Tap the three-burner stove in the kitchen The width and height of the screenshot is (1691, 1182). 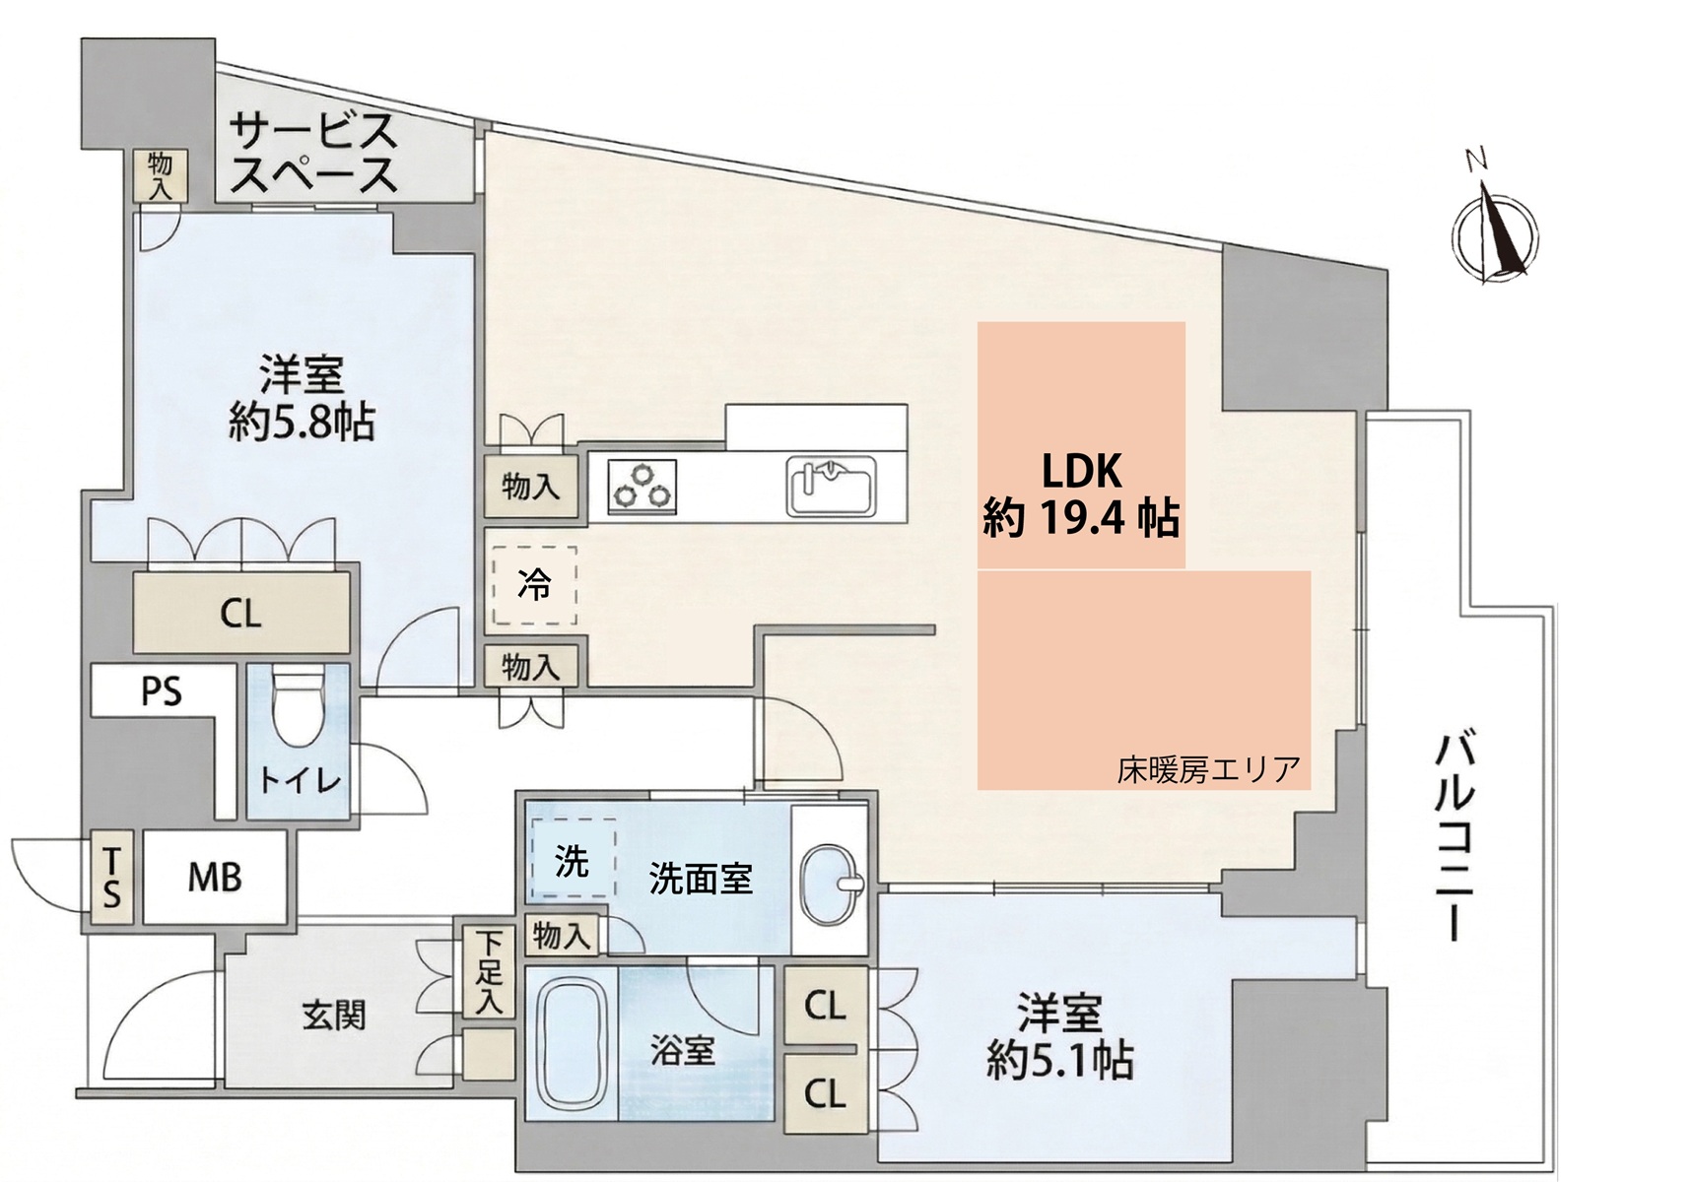click(643, 487)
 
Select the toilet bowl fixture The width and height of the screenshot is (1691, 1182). click(299, 708)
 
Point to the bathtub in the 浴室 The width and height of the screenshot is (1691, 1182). click(572, 1045)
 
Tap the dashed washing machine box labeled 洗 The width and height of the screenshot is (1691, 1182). click(572, 860)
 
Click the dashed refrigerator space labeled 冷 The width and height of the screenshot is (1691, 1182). click(534, 586)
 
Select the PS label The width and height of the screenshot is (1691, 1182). click(162, 691)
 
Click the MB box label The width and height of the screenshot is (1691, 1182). click(215, 877)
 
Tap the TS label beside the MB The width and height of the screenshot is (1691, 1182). click(111, 878)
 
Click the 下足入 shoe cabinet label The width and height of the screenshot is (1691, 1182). click(490, 973)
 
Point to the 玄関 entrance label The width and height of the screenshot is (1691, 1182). click(335, 1015)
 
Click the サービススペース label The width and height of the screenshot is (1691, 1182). click(313, 154)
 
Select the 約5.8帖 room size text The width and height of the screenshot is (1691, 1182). click(302, 424)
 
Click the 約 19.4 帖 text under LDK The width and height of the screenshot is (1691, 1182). click(1081, 517)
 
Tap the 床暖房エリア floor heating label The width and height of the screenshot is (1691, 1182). click(1208, 769)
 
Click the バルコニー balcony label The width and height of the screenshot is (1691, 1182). click(1453, 837)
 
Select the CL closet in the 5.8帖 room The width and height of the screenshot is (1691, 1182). click(241, 614)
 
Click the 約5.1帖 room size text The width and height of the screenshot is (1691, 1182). click(1060, 1061)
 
